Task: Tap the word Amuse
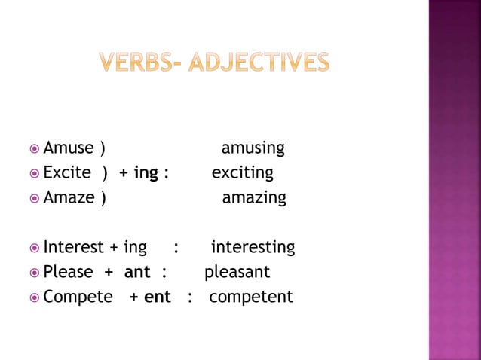pyautogui.click(x=69, y=148)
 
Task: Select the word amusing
pyautogui.click(x=253, y=148)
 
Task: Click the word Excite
pyautogui.click(x=67, y=172)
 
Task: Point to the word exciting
pyautogui.click(x=242, y=173)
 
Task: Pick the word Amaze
pyautogui.click(x=69, y=197)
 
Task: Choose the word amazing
pyautogui.click(x=253, y=198)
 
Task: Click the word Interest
pyautogui.click(x=73, y=247)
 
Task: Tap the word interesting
pyautogui.click(x=253, y=248)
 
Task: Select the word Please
pyautogui.click(x=68, y=271)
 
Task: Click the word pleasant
pyautogui.click(x=237, y=271)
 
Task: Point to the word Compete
pyautogui.click(x=78, y=297)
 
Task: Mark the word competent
pyautogui.click(x=250, y=297)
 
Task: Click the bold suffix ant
pyautogui.click(x=137, y=272)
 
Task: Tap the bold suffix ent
pyautogui.click(x=157, y=297)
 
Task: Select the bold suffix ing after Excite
pyautogui.click(x=146, y=173)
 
